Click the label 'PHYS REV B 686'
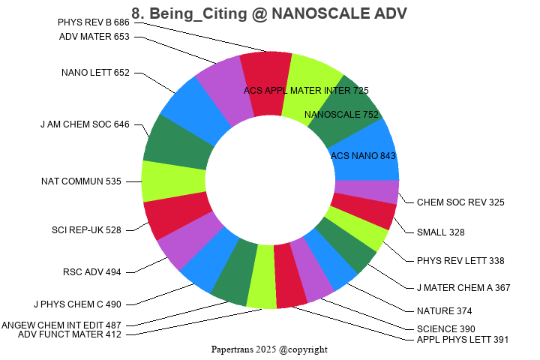click(93, 22)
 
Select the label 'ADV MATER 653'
click(94, 37)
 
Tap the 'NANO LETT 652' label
click(95, 73)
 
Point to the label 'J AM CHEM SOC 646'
click(85, 124)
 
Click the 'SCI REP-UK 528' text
click(86, 229)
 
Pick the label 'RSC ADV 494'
click(91, 271)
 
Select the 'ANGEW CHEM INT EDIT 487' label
click(67, 325)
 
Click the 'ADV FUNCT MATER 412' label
click(70, 334)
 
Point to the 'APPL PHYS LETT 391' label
click(463, 340)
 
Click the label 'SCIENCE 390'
click(445, 328)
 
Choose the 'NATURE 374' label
click(444, 311)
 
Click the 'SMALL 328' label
click(441, 232)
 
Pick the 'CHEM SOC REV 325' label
click(460, 202)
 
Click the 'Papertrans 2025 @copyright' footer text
click(269, 349)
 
